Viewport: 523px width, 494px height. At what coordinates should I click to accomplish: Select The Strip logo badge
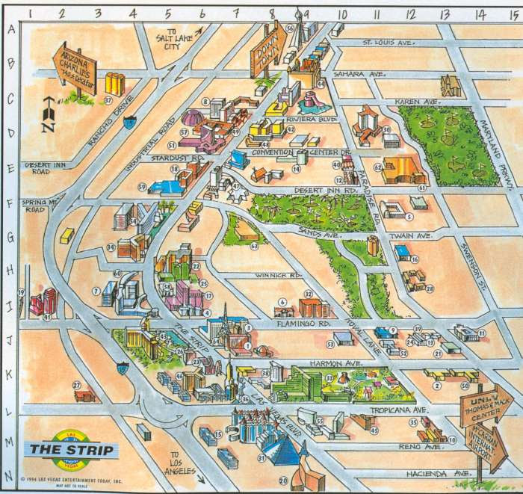pyautogui.click(x=72, y=449)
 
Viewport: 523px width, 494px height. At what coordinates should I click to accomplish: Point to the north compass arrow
pyautogui.click(x=49, y=114)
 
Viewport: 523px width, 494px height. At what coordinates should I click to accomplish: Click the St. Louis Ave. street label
pyautogui.click(x=388, y=43)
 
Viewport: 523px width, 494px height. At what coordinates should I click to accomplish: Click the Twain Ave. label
pyautogui.click(x=415, y=236)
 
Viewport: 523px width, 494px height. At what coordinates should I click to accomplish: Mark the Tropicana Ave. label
pyautogui.click(x=406, y=410)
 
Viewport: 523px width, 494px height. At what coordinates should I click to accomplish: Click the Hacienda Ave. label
pyautogui.click(x=427, y=474)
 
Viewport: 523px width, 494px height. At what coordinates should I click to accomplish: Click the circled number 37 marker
pyautogui.click(x=108, y=99)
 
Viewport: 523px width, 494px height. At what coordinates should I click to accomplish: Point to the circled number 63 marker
pyautogui.click(x=254, y=246)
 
